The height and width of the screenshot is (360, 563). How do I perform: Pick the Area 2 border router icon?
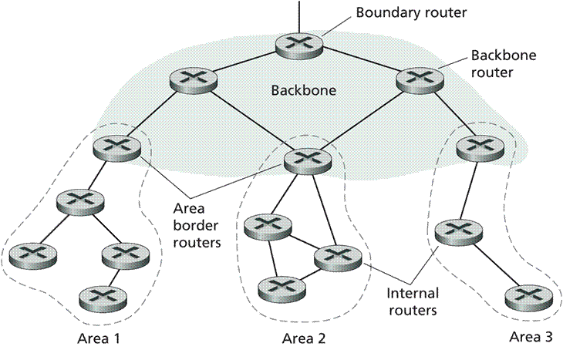click(308, 160)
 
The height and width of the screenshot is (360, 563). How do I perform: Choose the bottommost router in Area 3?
click(528, 296)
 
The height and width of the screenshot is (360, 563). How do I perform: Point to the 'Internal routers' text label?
click(413, 302)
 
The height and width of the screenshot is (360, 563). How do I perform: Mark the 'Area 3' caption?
click(531, 337)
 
